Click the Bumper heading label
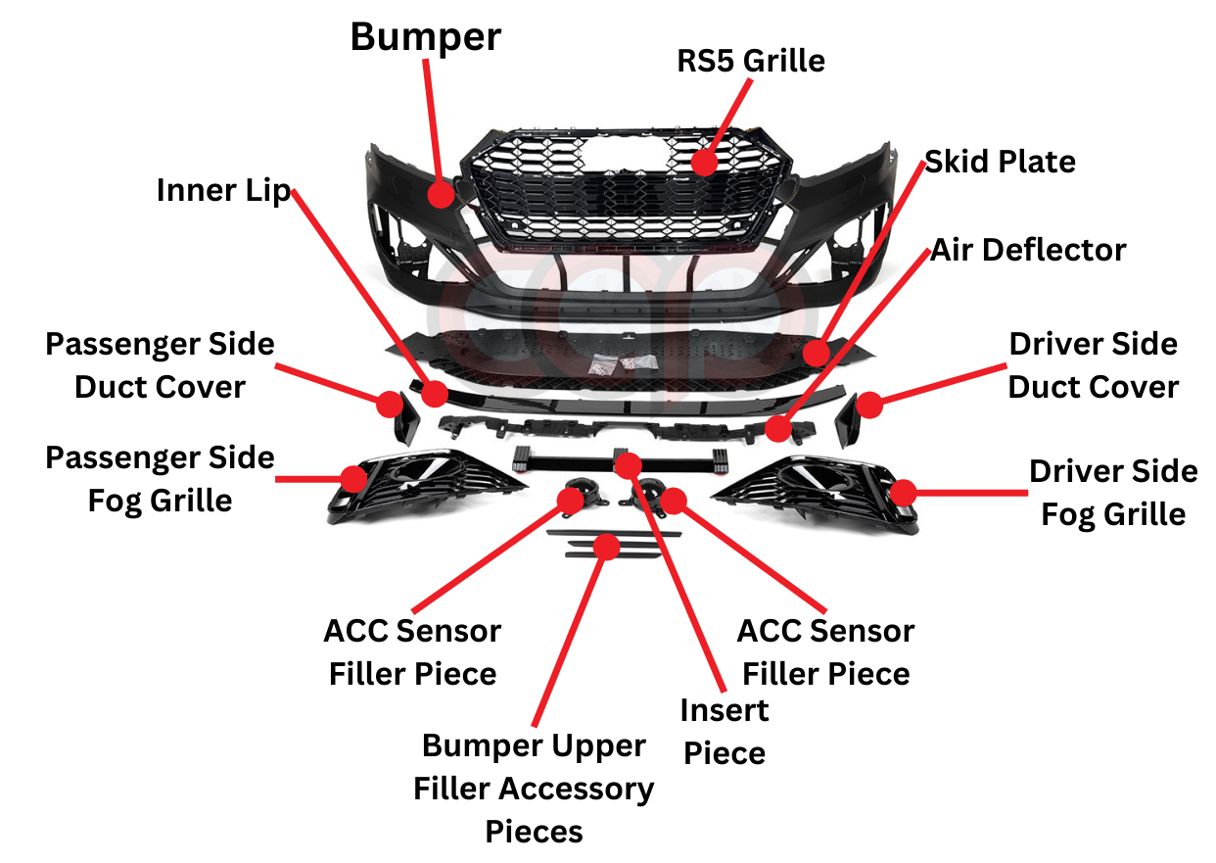(x=426, y=37)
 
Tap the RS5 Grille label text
(x=751, y=61)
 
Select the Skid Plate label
(x=1000, y=162)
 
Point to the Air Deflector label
(x=1028, y=250)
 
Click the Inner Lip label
(x=224, y=190)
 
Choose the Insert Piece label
(x=725, y=731)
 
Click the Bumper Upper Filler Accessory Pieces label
(x=534, y=789)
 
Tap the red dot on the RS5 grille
(x=702, y=162)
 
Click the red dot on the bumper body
(x=441, y=194)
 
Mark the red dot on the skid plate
(x=816, y=352)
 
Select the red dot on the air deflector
(x=778, y=428)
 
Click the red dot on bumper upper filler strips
(x=607, y=546)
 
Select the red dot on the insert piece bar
(x=628, y=464)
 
